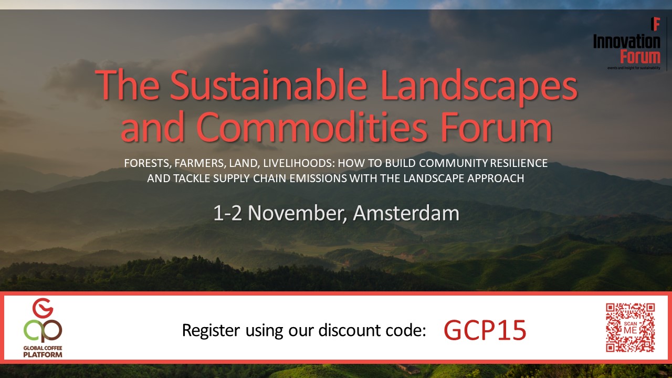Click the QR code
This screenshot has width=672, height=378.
[631, 327]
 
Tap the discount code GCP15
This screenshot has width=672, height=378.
[485, 330]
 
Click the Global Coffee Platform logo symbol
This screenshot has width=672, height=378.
[43, 320]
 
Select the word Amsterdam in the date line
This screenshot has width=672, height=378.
[406, 213]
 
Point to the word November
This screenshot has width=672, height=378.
[297, 214]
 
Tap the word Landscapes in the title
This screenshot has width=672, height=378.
[479, 87]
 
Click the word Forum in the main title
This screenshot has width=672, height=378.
[497, 127]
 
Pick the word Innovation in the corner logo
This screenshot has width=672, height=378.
[627, 41]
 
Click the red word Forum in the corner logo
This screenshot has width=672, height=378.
[640, 57]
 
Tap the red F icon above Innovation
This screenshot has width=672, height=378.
[656, 24]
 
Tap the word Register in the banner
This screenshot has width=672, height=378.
[211, 331]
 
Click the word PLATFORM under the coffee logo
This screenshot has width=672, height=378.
[43, 354]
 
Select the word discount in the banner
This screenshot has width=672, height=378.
[349, 330]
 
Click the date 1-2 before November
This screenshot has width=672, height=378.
[227, 213]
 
